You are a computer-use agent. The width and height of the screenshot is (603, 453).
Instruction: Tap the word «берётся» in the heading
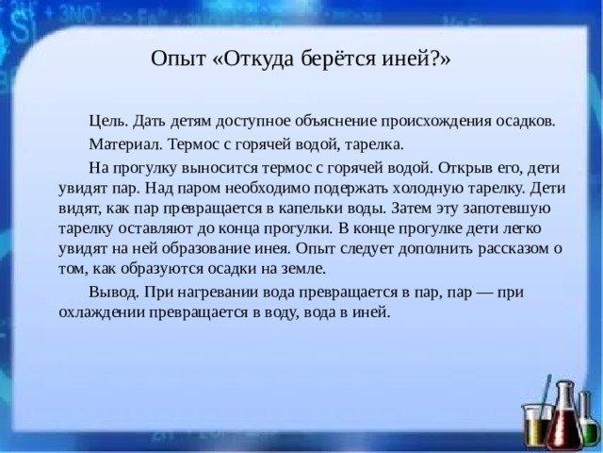[332, 59]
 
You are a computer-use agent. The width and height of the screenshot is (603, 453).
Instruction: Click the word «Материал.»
[127, 145]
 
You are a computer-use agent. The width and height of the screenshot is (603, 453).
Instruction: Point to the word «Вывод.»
[113, 293]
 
